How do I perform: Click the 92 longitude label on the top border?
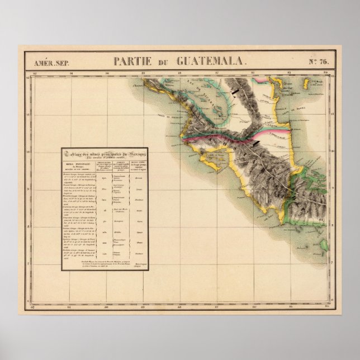(34, 73)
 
